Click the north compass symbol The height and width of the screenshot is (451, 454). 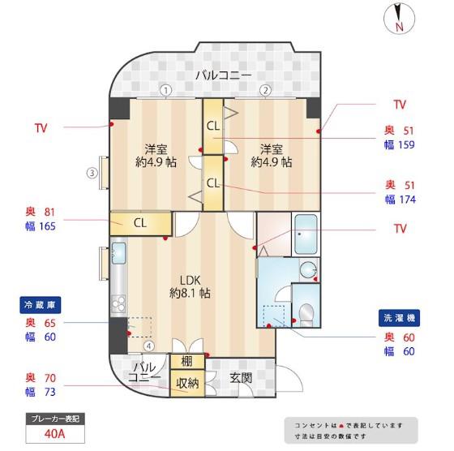pyautogui.click(x=399, y=18)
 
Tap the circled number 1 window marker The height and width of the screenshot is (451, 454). pyautogui.click(x=166, y=90)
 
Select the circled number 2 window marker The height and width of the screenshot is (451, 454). pyautogui.click(x=266, y=90)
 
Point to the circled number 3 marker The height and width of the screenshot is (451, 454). pyautogui.click(x=92, y=174)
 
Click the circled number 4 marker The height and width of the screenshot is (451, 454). pyautogui.click(x=149, y=346)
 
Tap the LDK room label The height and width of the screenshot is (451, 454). pyautogui.click(x=190, y=281)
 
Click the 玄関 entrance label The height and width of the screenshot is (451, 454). pyautogui.click(x=241, y=378)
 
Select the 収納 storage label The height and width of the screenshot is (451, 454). pyautogui.click(x=187, y=384)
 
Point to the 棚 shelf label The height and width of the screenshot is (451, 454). pyautogui.click(x=186, y=362)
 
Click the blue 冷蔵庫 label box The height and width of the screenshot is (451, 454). pyautogui.click(x=41, y=305)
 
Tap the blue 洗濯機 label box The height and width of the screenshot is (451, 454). pyautogui.click(x=399, y=318)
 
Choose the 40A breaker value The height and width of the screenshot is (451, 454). pyautogui.click(x=55, y=434)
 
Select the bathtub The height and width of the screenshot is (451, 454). pyautogui.click(x=306, y=234)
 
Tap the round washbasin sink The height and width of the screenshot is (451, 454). pyautogui.click(x=308, y=270)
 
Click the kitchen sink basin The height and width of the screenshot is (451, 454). pyautogui.click(x=118, y=253)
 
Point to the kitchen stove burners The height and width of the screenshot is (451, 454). pyautogui.click(x=118, y=304)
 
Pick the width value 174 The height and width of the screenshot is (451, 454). pyautogui.click(x=408, y=200)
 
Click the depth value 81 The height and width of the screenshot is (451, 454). pyautogui.click(x=49, y=212)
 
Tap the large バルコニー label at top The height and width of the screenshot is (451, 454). pyautogui.click(x=224, y=75)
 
